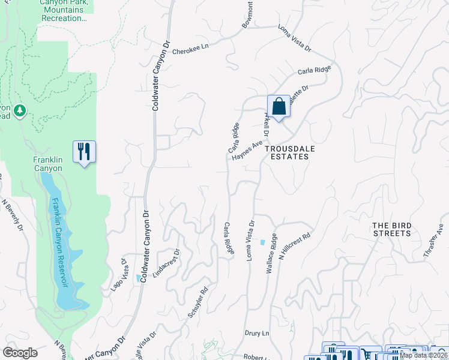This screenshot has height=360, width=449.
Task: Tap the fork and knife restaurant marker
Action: (84, 151)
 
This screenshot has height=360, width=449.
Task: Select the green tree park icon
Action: (19, 110)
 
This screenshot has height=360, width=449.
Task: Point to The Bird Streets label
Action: (392, 229)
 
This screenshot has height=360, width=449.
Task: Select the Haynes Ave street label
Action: (247, 151)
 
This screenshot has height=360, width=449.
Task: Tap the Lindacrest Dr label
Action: (166, 263)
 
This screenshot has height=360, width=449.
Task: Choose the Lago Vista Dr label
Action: (118, 275)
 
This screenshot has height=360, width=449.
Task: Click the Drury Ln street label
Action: (256, 332)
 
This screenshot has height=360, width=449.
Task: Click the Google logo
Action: (20, 353)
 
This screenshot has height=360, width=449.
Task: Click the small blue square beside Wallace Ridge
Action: (262, 242)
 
